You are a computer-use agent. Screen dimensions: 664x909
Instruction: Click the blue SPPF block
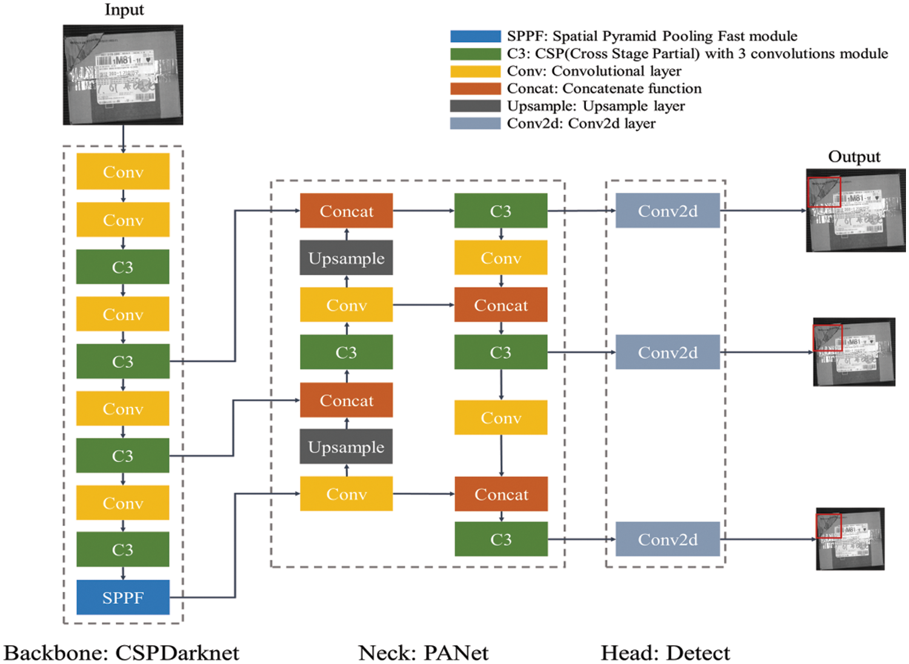coord(123,597)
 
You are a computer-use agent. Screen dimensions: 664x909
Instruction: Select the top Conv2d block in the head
coord(667,211)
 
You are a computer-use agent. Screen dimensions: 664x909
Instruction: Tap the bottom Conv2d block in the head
coord(667,539)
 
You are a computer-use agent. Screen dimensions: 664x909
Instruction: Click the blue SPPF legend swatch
coord(475,36)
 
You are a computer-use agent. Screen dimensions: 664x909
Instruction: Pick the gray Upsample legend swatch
coord(475,106)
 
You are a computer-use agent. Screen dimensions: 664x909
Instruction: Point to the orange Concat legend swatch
coord(475,89)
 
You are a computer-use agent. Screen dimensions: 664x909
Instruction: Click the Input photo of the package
coord(123,75)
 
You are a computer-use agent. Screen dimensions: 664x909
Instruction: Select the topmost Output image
coord(856,210)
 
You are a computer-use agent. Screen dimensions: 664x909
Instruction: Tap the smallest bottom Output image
coord(850,539)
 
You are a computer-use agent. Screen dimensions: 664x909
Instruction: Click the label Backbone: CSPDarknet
coord(122,653)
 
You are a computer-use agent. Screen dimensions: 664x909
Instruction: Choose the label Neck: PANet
coord(423,653)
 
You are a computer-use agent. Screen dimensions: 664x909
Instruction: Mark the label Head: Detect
coord(665,653)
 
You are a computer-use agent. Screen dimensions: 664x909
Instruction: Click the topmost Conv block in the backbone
coord(123,172)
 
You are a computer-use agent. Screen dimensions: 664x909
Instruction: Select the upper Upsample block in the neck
coord(347,258)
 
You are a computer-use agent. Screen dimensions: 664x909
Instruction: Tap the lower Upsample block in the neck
coord(347,447)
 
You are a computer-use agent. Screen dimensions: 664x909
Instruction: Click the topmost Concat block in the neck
coord(347,211)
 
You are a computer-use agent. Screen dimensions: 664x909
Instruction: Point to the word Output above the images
coord(854,157)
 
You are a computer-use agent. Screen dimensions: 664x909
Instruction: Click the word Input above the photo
coord(124,10)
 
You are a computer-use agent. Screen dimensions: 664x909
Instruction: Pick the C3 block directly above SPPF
coord(123,549)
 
